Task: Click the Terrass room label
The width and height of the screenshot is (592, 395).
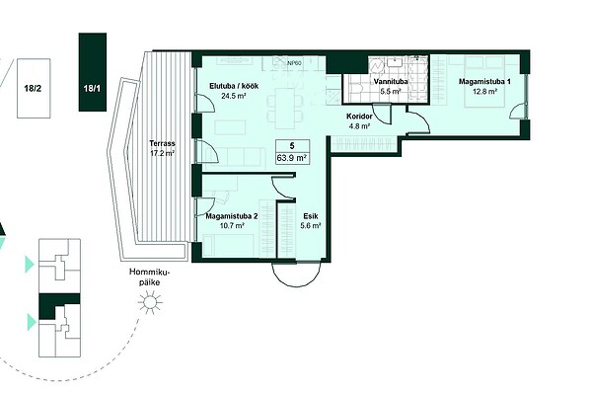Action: [x=162, y=143]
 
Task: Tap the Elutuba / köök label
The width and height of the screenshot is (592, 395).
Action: [x=234, y=86]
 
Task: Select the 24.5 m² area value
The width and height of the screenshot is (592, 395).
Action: [x=234, y=96]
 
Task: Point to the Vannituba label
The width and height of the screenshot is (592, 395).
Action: [x=391, y=81]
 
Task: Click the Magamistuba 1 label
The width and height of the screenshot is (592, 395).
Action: [x=484, y=81]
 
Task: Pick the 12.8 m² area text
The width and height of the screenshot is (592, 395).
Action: [x=484, y=91]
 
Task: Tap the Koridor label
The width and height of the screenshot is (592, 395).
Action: [x=359, y=117]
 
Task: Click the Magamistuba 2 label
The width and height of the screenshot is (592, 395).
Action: [x=232, y=216]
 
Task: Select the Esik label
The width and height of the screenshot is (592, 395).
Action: [x=311, y=216]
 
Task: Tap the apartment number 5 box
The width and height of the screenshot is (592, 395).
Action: [x=293, y=152]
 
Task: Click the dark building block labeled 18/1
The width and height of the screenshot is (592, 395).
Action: [x=93, y=72]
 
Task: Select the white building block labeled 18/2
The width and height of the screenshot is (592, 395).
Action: [x=34, y=89]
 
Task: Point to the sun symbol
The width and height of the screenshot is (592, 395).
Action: [x=150, y=302]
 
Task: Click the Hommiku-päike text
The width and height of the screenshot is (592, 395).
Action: [x=150, y=277]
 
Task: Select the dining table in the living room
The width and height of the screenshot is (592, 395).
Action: [x=285, y=108]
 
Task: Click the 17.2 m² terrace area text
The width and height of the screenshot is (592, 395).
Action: [x=162, y=153]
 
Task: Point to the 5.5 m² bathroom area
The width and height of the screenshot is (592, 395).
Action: [x=391, y=91]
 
